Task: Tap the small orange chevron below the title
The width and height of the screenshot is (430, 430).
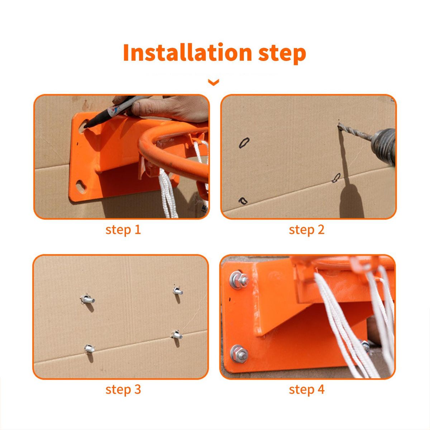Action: [x=214, y=82]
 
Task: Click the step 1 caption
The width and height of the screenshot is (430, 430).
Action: [x=123, y=230]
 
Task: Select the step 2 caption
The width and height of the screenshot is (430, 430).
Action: [x=307, y=230]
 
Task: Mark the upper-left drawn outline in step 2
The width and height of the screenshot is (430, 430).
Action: [x=244, y=143]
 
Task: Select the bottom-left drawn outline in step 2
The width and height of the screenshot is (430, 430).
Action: [x=243, y=201]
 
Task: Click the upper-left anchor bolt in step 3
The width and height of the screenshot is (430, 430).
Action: [x=88, y=299]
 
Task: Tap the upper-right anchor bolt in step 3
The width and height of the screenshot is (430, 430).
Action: [x=178, y=291]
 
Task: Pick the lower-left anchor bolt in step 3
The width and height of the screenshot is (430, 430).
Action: [x=89, y=349]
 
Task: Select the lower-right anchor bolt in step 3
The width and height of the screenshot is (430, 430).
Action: [x=177, y=335]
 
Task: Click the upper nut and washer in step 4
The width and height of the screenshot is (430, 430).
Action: [x=239, y=280]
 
